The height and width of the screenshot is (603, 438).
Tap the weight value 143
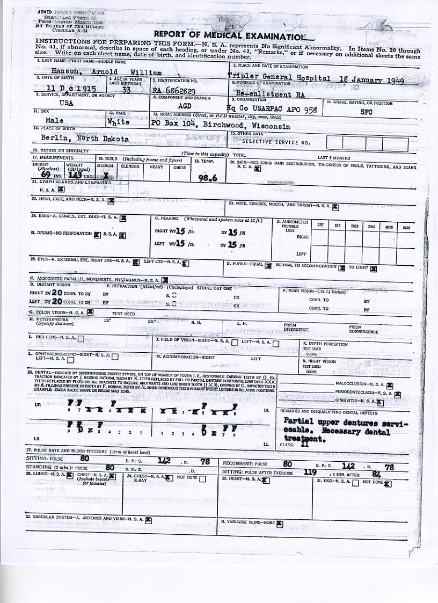(x=75, y=175)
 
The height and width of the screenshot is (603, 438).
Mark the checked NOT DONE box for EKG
(x=388, y=483)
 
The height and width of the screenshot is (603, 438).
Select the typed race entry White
(x=121, y=122)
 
